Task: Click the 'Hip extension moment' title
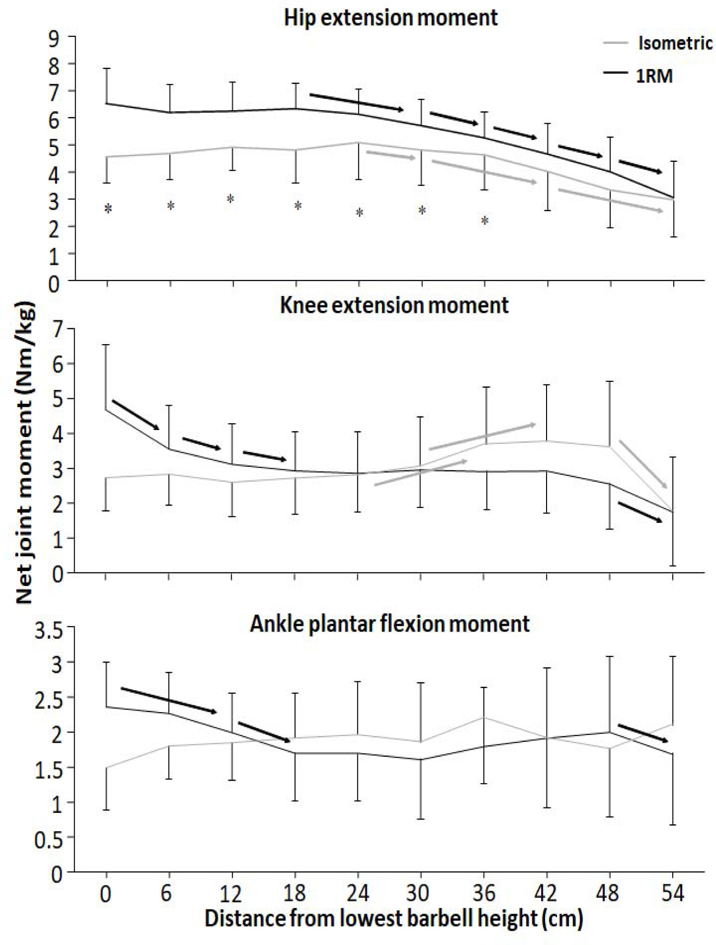[x=391, y=18]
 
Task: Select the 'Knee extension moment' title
[x=394, y=305]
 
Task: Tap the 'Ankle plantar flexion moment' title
[x=390, y=624]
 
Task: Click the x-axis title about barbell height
[x=394, y=919]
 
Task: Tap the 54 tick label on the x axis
[x=672, y=893]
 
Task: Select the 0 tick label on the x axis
[x=105, y=893]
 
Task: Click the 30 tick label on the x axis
[x=418, y=893]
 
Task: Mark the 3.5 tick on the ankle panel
[x=49, y=631]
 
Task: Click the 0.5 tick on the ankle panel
[x=49, y=840]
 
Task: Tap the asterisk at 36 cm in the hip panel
[x=485, y=220]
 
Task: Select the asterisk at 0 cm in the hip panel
[x=108, y=209]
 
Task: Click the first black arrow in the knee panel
[x=136, y=415]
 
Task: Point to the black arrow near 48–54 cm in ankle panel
[x=643, y=733]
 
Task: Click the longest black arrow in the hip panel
[x=356, y=102]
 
